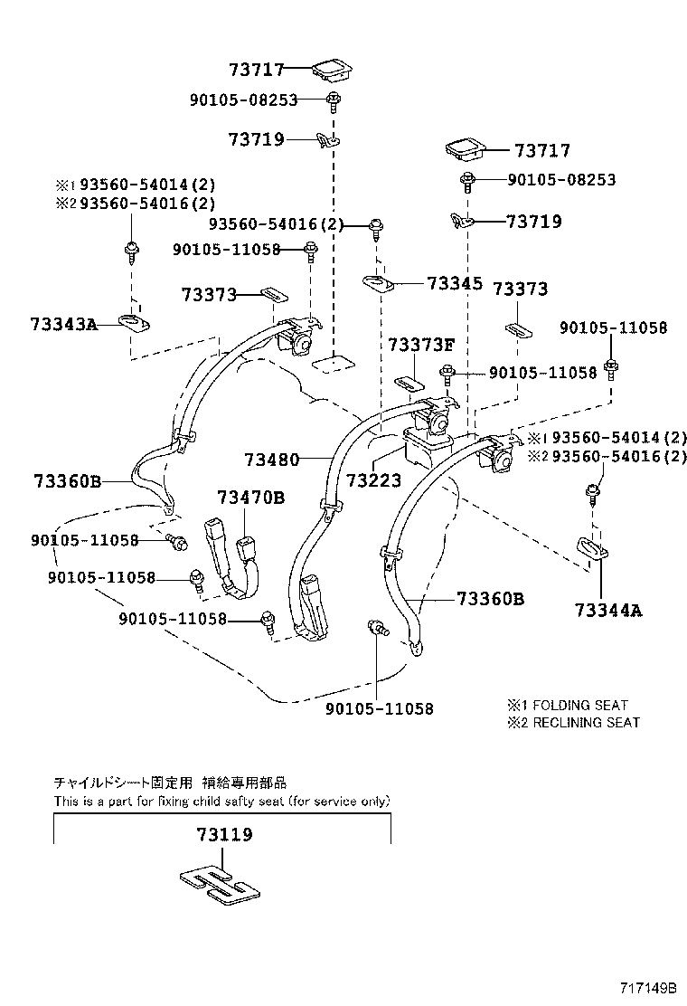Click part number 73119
223,834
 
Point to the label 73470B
250,498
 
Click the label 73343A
63,323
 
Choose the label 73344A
607,611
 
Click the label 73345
455,283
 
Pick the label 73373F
422,345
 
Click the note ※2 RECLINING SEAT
573,722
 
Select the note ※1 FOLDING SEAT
568,705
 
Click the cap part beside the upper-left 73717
331,69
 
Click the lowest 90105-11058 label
379,708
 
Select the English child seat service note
221,801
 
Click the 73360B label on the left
68,480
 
